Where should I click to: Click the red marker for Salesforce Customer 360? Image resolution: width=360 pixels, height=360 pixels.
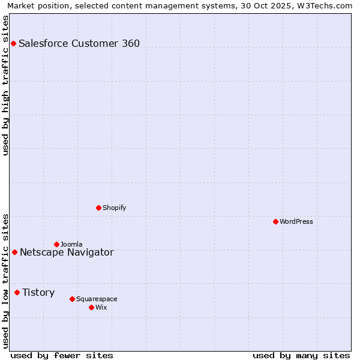pyautogui.click(x=13, y=43)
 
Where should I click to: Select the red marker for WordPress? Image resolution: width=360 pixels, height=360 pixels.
pyautogui.click(x=275, y=221)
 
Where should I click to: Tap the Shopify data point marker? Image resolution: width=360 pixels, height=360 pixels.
pyautogui.click(x=98, y=208)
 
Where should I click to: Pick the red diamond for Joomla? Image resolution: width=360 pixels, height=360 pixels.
pyautogui.click(x=56, y=244)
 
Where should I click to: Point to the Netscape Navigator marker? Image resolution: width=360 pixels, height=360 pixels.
pyautogui.click(x=14, y=252)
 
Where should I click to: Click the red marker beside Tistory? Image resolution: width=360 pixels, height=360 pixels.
pyautogui.click(x=17, y=292)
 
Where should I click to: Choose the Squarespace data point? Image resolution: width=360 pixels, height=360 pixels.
pyautogui.click(x=72, y=299)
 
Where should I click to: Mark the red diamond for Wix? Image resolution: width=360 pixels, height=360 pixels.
pyautogui.click(x=91, y=307)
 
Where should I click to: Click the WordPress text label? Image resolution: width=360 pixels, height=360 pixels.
pyautogui.click(x=296, y=221)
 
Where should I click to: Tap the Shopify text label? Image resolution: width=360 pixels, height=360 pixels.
pyautogui.click(x=114, y=208)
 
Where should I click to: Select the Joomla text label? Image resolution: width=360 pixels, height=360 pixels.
pyautogui.click(x=71, y=244)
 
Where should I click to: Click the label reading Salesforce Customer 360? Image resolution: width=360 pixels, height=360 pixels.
pyautogui.click(x=79, y=43)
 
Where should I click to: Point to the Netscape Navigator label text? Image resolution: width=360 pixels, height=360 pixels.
pyautogui.click(x=67, y=252)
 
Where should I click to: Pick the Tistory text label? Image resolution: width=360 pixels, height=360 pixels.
pyautogui.click(x=38, y=292)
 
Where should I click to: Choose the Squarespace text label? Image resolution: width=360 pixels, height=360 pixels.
pyautogui.click(x=97, y=299)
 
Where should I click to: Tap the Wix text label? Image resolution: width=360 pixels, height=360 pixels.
pyautogui.click(x=101, y=307)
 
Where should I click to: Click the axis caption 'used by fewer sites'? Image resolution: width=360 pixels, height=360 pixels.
pyautogui.click(x=62, y=355)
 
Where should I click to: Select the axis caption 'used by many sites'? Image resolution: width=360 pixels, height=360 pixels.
pyautogui.click(x=301, y=355)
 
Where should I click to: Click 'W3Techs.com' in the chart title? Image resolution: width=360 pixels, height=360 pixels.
pyautogui.click(x=326, y=5)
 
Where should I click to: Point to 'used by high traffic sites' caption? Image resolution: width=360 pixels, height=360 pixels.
pyautogui.click(x=5, y=85)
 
